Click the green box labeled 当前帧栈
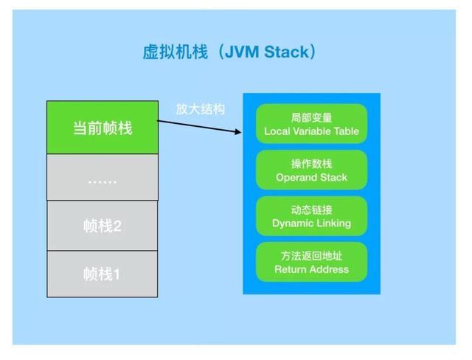[x=103, y=127]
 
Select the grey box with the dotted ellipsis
[x=103, y=177]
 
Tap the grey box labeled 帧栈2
[x=103, y=225]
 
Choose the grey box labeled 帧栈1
[x=103, y=274]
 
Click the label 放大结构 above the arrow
[x=200, y=108]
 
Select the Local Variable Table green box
[x=311, y=124]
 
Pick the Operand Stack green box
[x=311, y=170]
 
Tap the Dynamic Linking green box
[x=311, y=215]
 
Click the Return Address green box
[x=311, y=262]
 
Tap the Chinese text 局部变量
[x=311, y=117]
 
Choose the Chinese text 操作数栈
[x=311, y=163]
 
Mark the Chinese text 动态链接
[x=311, y=209]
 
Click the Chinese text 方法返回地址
[x=311, y=255]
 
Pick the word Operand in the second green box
[x=296, y=178]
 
